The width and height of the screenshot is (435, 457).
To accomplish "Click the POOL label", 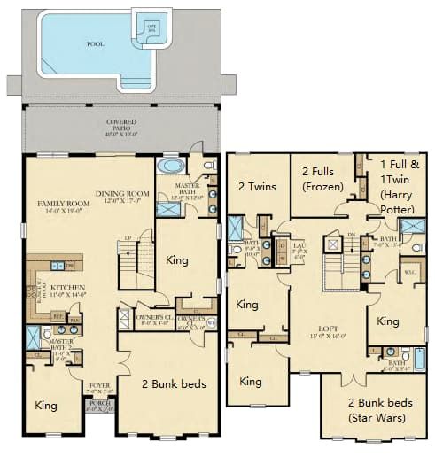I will point(95,43).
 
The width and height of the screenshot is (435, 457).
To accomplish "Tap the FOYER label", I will point(99,385).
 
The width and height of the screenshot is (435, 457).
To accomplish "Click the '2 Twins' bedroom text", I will point(256,186).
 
